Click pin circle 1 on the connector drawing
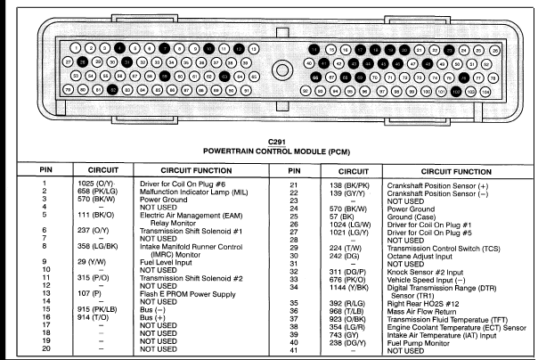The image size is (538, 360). (x=75, y=46)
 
